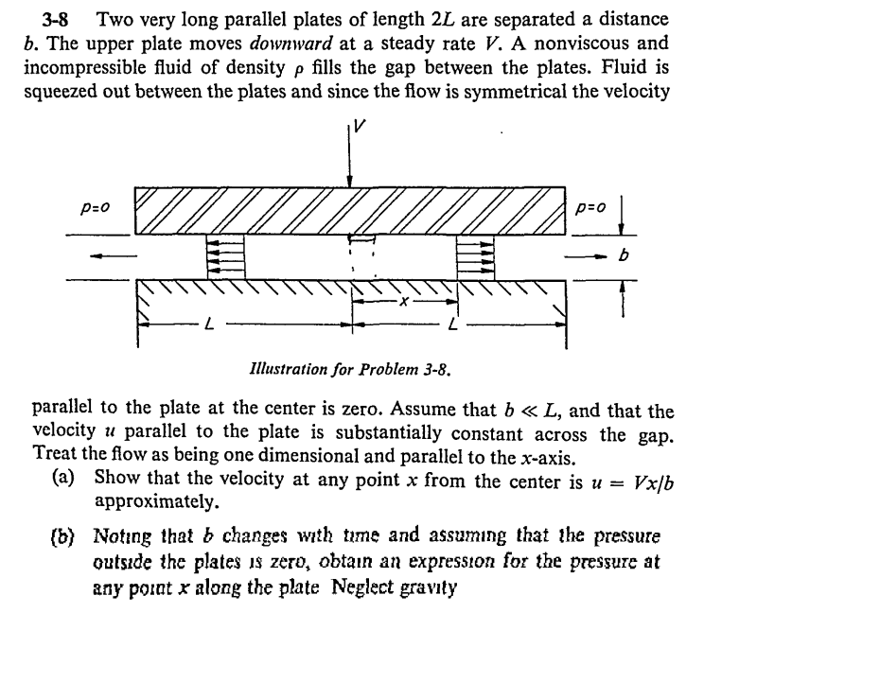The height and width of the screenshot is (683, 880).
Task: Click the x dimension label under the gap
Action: coord(403,302)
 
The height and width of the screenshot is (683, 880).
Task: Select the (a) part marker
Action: coord(63,479)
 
